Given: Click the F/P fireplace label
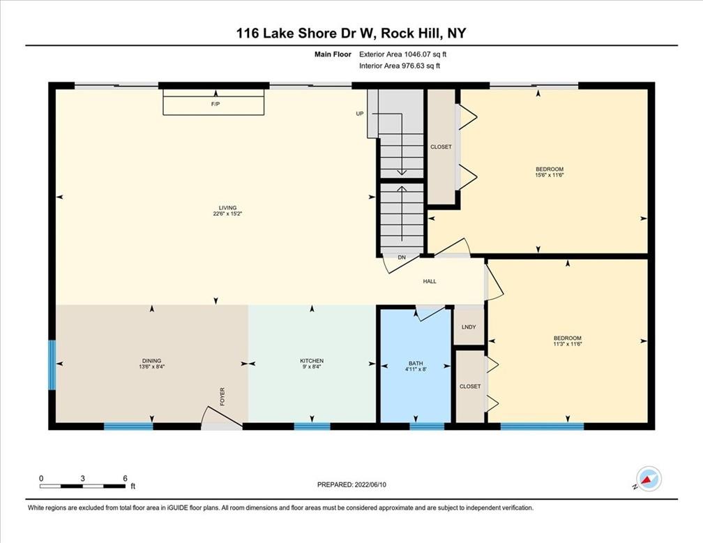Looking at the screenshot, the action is [x=216, y=104].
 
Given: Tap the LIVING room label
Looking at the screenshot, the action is [x=228, y=208].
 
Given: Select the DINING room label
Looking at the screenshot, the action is [x=151, y=361].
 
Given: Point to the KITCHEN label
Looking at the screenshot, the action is [x=312, y=361].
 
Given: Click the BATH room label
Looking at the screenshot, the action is [x=416, y=364].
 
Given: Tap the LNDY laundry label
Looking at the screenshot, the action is [x=469, y=327].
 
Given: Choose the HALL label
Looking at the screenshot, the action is [x=430, y=281].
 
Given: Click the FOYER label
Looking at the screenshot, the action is [x=222, y=396].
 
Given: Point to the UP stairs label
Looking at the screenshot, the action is [x=360, y=114].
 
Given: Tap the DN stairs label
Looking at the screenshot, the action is [x=402, y=258].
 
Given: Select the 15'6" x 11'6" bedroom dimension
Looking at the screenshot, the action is [x=550, y=175].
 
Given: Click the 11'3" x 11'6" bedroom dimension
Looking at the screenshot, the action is [x=567, y=344].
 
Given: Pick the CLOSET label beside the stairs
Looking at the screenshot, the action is [x=441, y=147].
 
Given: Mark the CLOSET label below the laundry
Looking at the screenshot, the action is [x=470, y=387].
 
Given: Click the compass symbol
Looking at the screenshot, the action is [x=649, y=478].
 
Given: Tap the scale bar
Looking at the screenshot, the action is [x=82, y=486].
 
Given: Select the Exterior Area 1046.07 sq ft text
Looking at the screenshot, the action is [x=402, y=54].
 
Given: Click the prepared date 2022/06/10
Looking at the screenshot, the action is [x=370, y=484].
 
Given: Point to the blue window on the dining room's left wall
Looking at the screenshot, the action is [x=52, y=365].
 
